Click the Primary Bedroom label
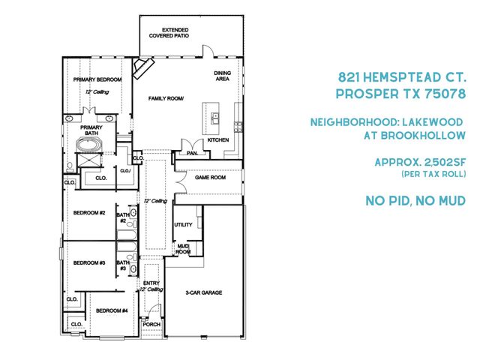97,79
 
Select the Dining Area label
223,75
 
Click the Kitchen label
217,140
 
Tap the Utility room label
184,224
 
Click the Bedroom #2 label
88,213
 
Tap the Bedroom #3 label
88,262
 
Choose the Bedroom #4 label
112,310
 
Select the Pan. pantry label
192,153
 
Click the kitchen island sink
214,118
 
